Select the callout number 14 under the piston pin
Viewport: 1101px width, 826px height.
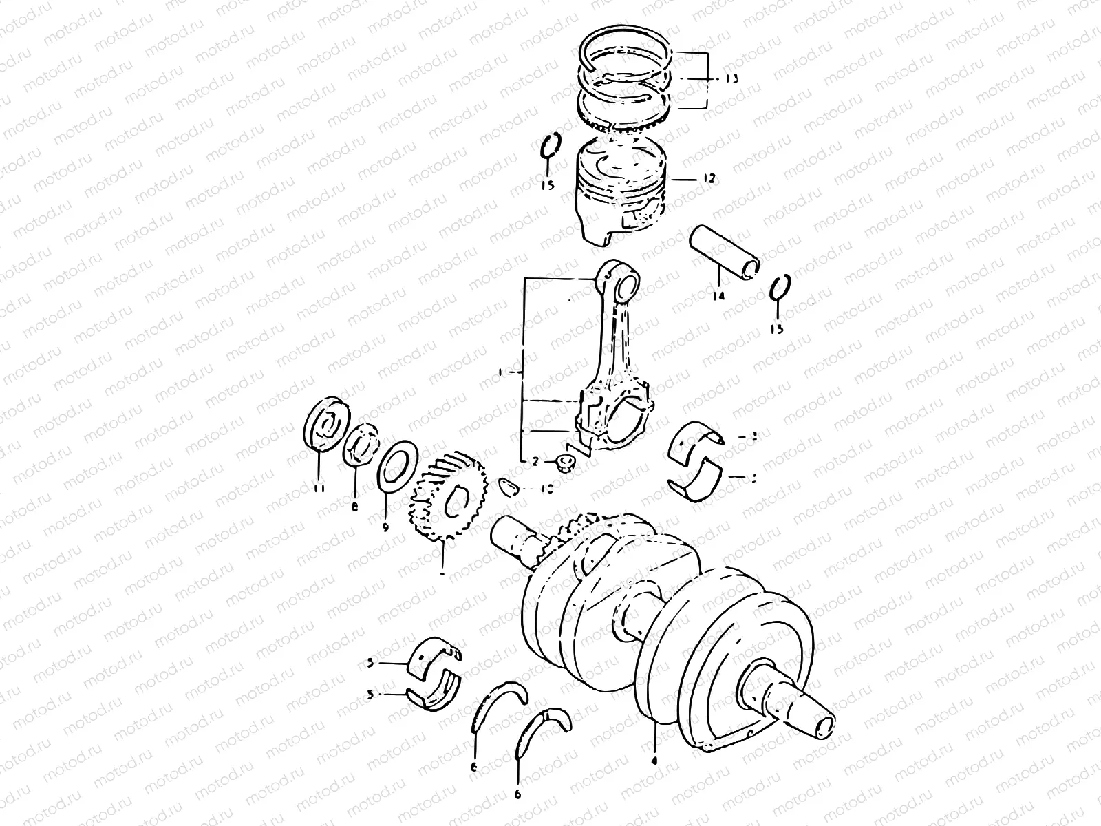coord(719,297)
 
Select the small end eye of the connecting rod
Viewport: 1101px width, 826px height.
coord(622,280)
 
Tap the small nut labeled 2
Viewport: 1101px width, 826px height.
coord(566,463)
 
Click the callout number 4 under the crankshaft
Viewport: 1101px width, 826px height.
coord(654,762)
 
